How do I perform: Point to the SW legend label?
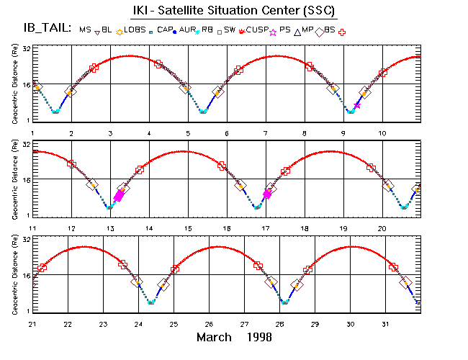[x=230, y=30]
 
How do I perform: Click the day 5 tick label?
[x=188, y=133]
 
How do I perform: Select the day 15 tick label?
[x=188, y=228]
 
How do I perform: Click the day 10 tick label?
[x=383, y=133]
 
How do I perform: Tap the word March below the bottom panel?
[x=214, y=337]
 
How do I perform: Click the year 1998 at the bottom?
[x=257, y=337]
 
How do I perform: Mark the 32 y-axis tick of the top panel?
[x=25, y=48]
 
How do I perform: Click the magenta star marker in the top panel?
[x=357, y=105]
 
